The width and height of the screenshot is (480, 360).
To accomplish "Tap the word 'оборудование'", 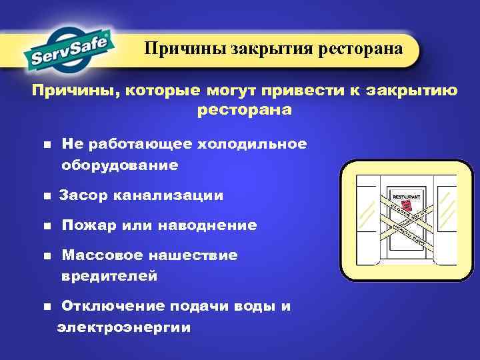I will click(x=120, y=164).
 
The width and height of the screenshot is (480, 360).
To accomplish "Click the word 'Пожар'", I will click(x=89, y=225).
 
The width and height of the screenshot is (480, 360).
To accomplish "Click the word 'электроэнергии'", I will click(x=124, y=327).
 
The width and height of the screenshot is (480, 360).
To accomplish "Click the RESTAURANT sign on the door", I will click(x=407, y=198).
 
